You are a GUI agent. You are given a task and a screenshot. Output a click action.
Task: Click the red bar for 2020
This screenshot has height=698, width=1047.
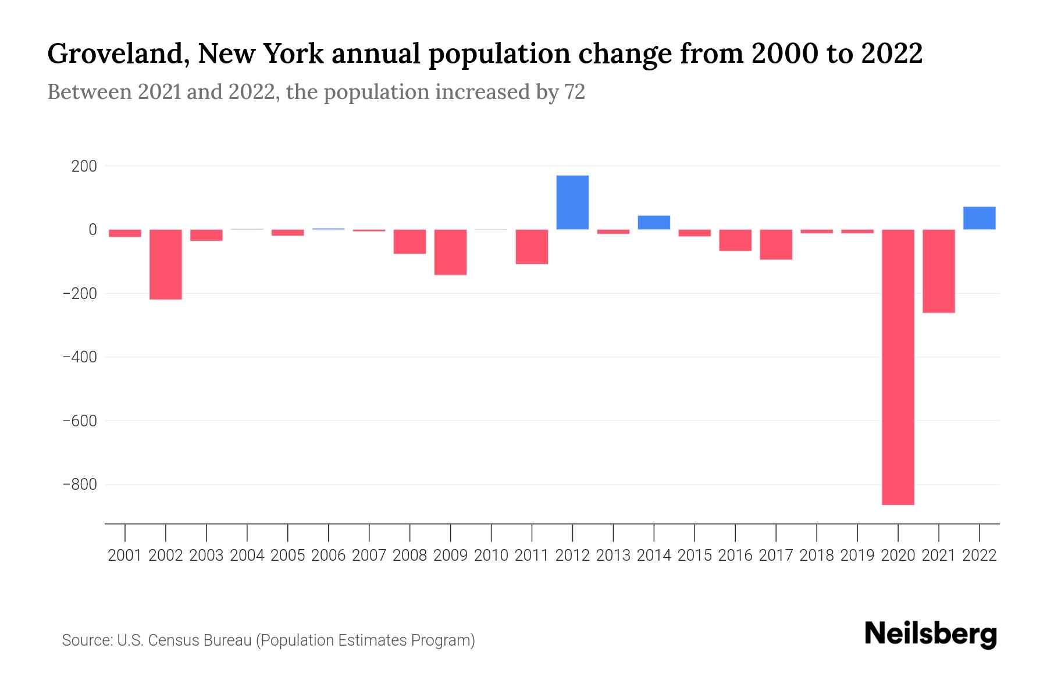(x=898, y=366)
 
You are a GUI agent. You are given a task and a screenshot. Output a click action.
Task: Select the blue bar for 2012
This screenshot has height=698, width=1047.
(x=572, y=202)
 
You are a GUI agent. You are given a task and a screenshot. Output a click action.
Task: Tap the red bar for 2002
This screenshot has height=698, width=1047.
(x=166, y=264)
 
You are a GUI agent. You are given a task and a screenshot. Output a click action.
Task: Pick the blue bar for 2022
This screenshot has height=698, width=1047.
(x=979, y=218)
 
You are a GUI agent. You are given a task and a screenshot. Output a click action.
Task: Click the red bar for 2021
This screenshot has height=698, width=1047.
(x=938, y=271)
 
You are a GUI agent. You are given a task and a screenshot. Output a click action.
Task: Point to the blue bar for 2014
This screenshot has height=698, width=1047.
(x=654, y=223)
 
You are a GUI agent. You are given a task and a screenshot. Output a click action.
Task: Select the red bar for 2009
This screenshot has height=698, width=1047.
(x=450, y=252)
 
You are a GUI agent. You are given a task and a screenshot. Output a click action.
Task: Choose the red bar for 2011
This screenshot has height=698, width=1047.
(x=532, y=247)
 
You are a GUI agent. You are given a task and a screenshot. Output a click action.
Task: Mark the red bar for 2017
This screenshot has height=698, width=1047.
(x=776, y=244)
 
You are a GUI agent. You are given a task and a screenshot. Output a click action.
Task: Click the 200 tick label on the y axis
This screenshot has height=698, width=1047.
(x=84, y=166)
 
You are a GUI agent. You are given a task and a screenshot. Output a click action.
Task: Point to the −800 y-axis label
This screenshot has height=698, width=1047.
(x=80, y=484)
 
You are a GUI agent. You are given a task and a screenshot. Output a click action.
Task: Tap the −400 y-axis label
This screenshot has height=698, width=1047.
(x=80, y=357)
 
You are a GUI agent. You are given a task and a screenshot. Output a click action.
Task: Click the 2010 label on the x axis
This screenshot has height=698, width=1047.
(x=491, y=555)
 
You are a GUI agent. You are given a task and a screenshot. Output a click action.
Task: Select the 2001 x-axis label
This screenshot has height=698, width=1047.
(x=125, y=555)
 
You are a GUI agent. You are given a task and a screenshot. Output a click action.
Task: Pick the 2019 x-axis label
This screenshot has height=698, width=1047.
(x=857, y=555)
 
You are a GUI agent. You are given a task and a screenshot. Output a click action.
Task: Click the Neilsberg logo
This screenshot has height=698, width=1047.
(x=931, y=634)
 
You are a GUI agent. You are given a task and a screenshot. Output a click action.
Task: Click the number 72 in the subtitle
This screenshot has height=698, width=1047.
(x=574, y=92)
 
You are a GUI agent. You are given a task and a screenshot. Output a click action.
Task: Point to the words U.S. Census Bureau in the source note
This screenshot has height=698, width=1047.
(x=184, y=640)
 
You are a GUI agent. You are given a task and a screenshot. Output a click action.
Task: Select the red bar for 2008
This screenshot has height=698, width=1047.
(x=409, y=241)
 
